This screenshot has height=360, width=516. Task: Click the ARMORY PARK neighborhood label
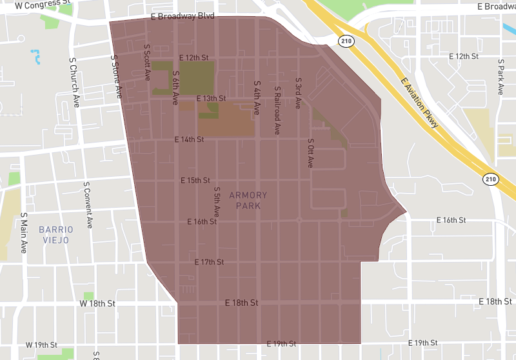pos(248,201)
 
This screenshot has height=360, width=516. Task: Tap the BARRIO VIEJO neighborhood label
pos(56,234)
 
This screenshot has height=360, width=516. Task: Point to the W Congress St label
pos(43,5)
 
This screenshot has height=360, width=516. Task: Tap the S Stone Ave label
pos(116,76)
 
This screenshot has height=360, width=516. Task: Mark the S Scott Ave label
pos(147,62)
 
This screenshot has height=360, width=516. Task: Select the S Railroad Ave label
pos(277,110)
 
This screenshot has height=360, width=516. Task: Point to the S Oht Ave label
pos(310,154)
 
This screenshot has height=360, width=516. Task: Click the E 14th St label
pos(189,139)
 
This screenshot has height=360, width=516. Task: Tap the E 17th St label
pos(209,262)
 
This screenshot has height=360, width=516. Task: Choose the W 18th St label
pos(97,303)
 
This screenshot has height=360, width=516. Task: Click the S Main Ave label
pos(23,232)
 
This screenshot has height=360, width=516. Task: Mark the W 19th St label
pos(42,345)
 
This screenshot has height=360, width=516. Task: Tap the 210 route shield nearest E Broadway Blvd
pos(346,40)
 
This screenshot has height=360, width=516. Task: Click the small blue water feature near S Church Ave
pos(35,56)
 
